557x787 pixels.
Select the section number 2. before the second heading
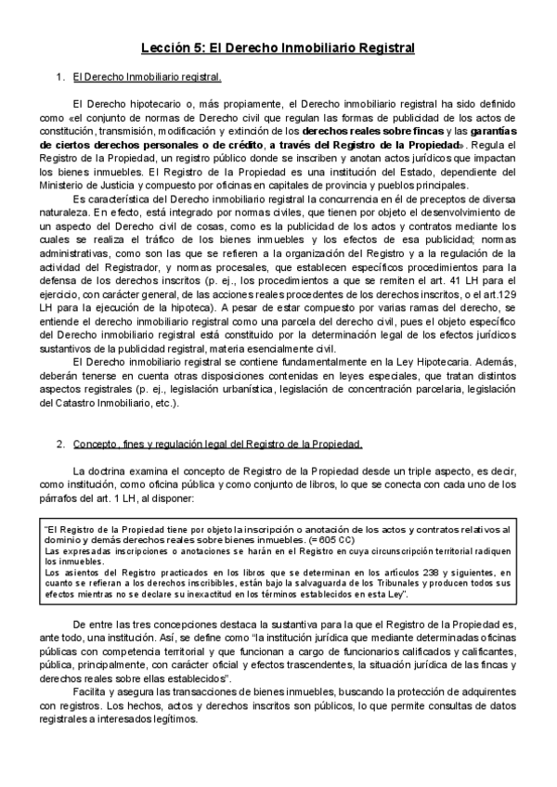pyautogui.click(x=60, y=444)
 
